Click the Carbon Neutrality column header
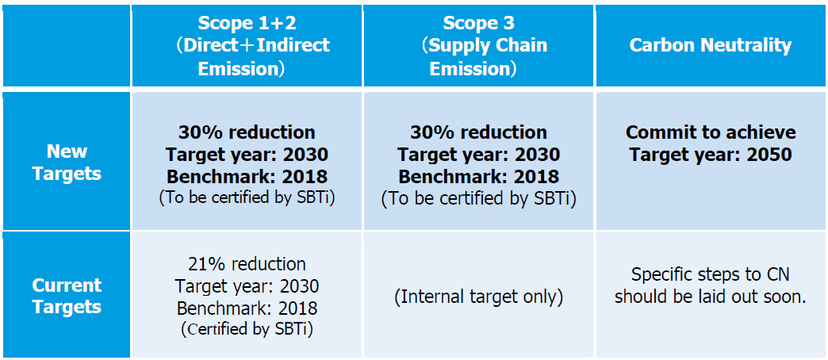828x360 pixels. [711, 45]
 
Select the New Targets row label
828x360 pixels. [67, 162]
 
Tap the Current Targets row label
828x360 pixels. [67, 296]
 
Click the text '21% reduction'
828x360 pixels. [247, 264]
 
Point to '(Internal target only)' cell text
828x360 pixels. [478, 297]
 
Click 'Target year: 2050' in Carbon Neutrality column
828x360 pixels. [711, 154]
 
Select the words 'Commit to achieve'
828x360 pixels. [711, 132]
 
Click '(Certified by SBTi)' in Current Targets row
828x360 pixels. [247, 329]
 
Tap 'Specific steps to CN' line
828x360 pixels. [711, 274]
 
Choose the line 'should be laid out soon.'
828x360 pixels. [711, 297]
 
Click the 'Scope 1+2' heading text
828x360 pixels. [247, 23]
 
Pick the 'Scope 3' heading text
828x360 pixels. [478, 23]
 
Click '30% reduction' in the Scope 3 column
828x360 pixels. [478, 132]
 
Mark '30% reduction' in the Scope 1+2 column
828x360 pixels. [247, 132]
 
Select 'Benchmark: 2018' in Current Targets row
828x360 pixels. [247, 308]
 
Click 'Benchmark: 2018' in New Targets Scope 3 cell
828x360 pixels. [478, 176]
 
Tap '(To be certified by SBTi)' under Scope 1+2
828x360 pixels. [247, 198]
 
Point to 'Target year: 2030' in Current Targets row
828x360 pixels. [247, 286]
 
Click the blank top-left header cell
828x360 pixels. [67, 45]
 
